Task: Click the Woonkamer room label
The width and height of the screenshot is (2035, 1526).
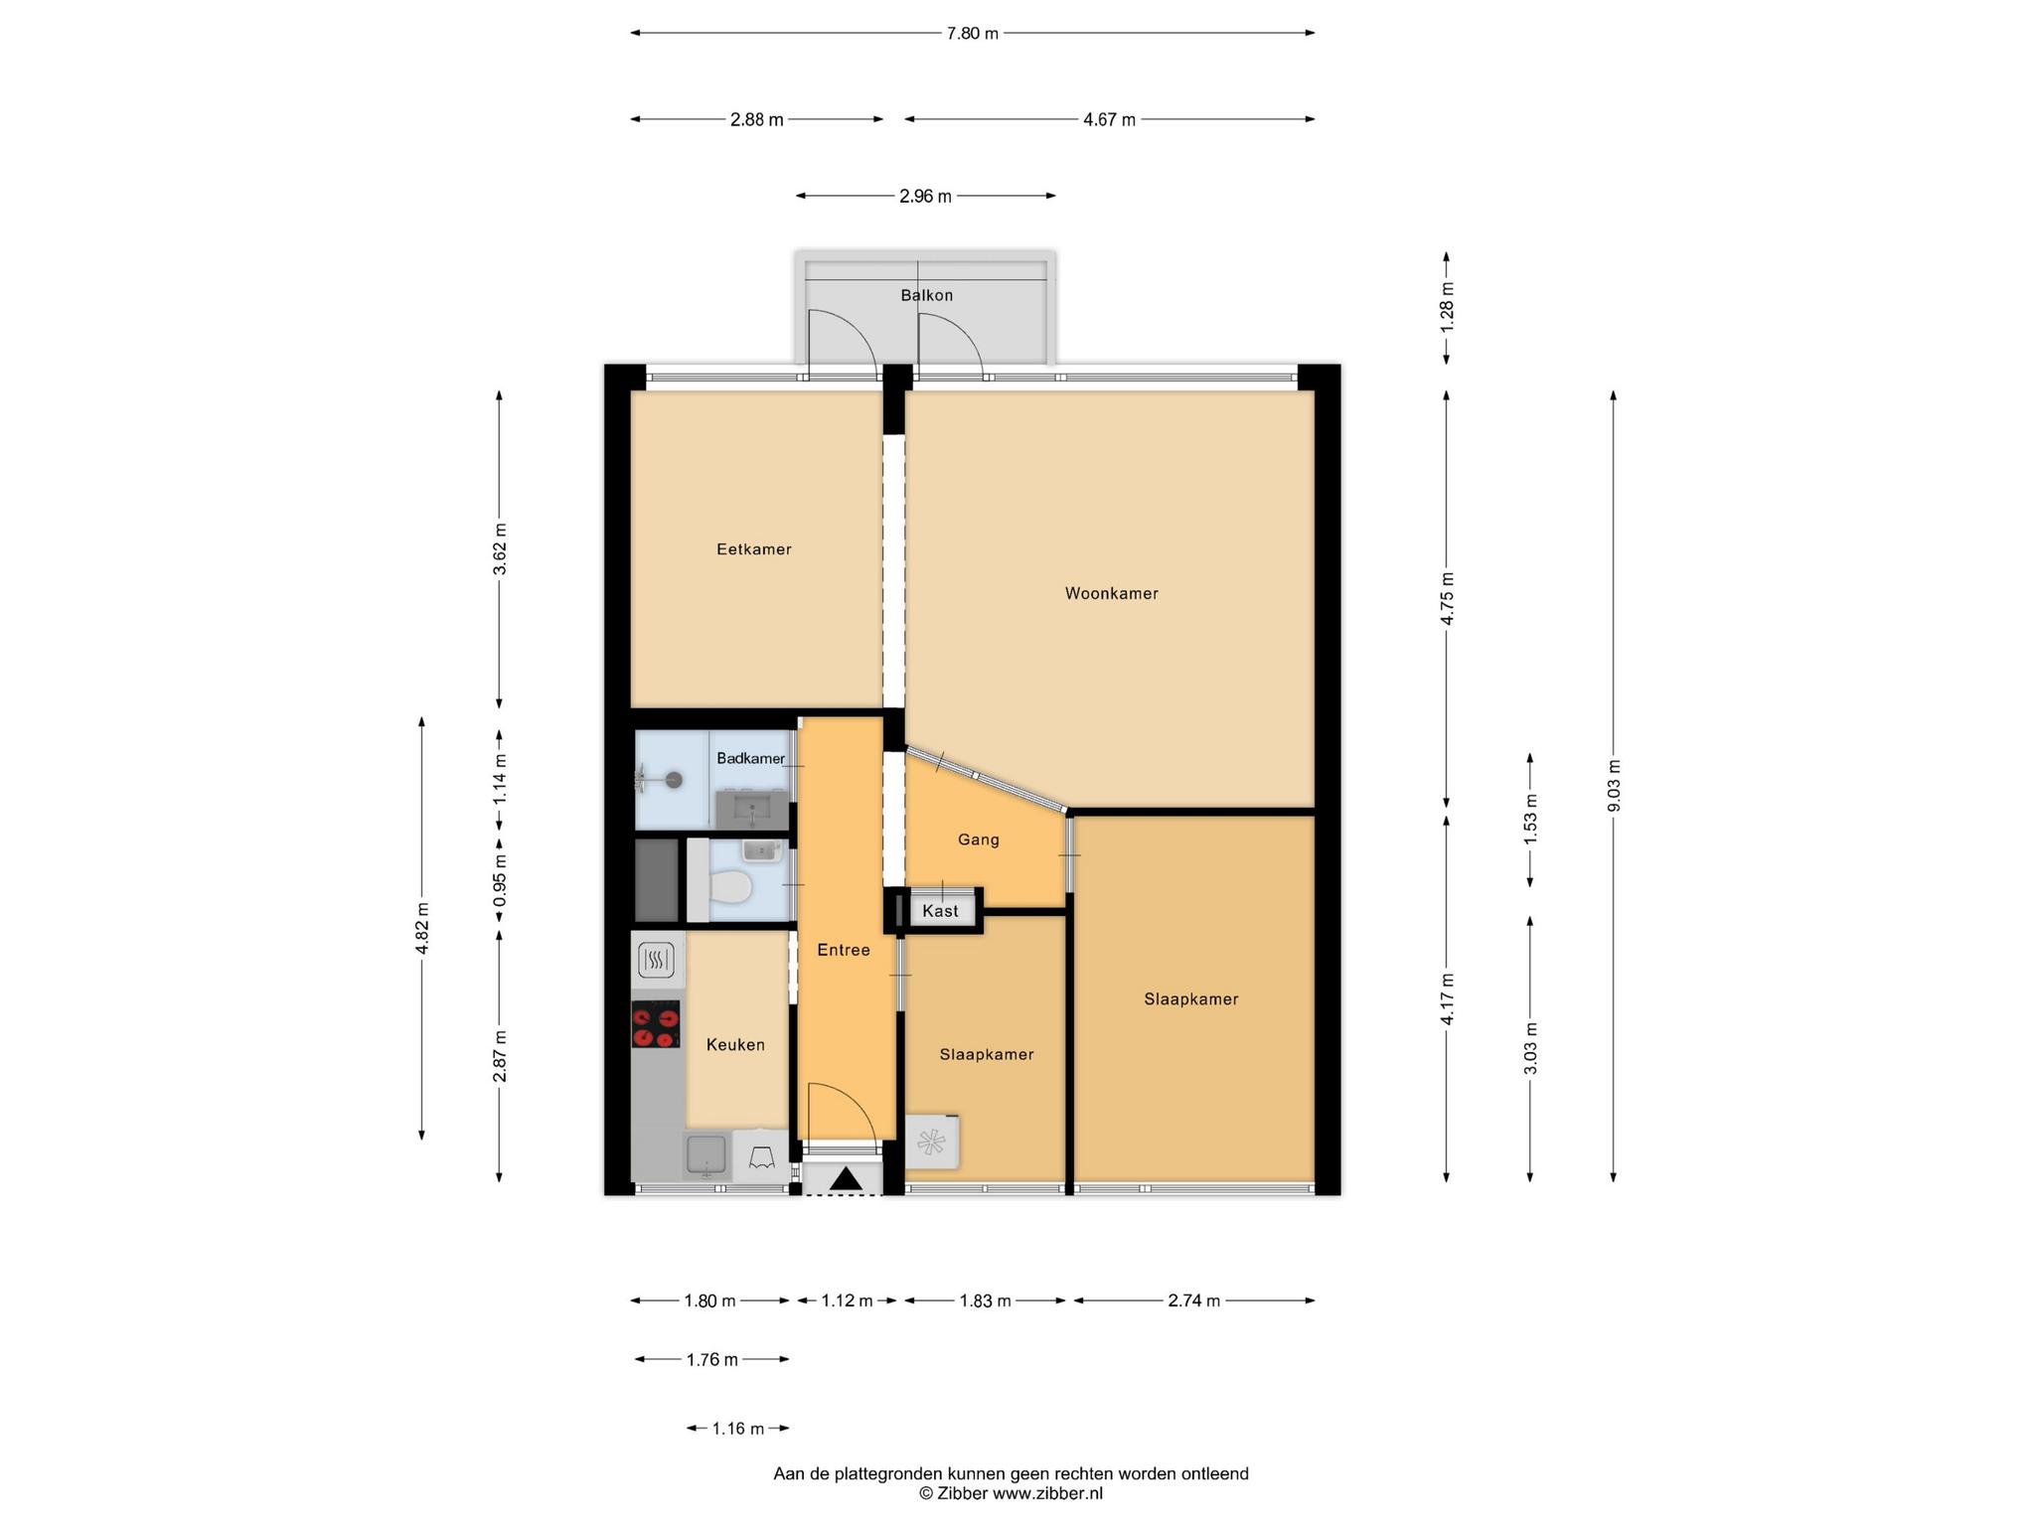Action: (x=1111, y=593)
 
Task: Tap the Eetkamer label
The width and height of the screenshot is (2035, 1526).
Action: (x=754, y=548)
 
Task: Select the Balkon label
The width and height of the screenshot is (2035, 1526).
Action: (x=926, y=295)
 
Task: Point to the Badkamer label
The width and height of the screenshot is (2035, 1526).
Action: (x=750, y=758)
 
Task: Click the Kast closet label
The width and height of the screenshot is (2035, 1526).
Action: (x=940, y=911)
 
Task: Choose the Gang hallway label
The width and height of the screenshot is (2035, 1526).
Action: (x=978, y=839)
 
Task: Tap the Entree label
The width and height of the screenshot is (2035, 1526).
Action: (x=844, y=950)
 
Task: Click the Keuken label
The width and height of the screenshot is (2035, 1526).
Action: (x=735, y=1044)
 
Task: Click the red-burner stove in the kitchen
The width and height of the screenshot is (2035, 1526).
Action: (x=656, y=1024)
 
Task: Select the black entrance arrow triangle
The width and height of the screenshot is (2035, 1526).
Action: (x=846, y=1178)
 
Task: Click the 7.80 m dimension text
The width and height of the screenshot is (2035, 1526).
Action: (x=972, y=33)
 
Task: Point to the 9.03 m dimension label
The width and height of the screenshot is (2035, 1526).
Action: (x=1614, y=786)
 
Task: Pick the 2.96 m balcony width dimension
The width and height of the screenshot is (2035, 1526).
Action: (x=925, y=196)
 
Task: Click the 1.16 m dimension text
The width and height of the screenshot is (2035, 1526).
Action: (x=737, y=1429)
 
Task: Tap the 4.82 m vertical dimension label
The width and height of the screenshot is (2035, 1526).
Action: (x=422, y=928)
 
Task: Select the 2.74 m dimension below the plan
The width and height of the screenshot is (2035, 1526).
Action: (x=1193, y=1300)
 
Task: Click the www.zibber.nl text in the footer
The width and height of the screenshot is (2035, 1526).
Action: (x=1048, y=1493)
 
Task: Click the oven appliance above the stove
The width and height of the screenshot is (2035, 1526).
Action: (x=656, y=960)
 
